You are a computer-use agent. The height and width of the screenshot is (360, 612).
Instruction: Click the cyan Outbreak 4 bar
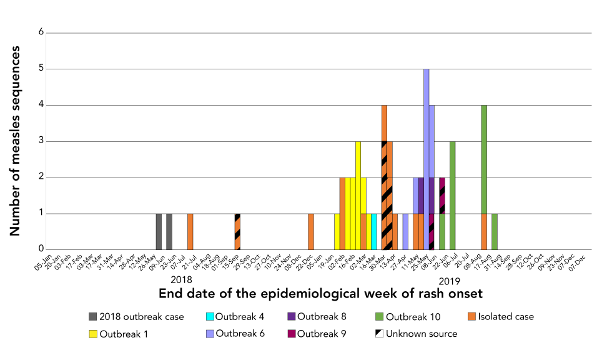pyautogui.click(x=374, y=232)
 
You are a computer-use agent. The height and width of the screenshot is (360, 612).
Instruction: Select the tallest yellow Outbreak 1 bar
pyautogui.click(x=358, y=196)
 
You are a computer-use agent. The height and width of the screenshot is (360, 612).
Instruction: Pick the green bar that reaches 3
pyautogui.click(x=453, y=196)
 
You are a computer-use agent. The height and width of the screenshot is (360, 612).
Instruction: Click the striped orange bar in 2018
pyautogui.click(x=237, y=232)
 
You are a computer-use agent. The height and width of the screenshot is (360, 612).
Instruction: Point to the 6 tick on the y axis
pyautogui.click(x=41, y=32)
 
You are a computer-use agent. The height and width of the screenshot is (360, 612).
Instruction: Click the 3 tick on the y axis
pyautogui.click(x=41, y=141)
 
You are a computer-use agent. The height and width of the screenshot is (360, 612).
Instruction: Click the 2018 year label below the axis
pyautogui.click(x=181, y=280)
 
